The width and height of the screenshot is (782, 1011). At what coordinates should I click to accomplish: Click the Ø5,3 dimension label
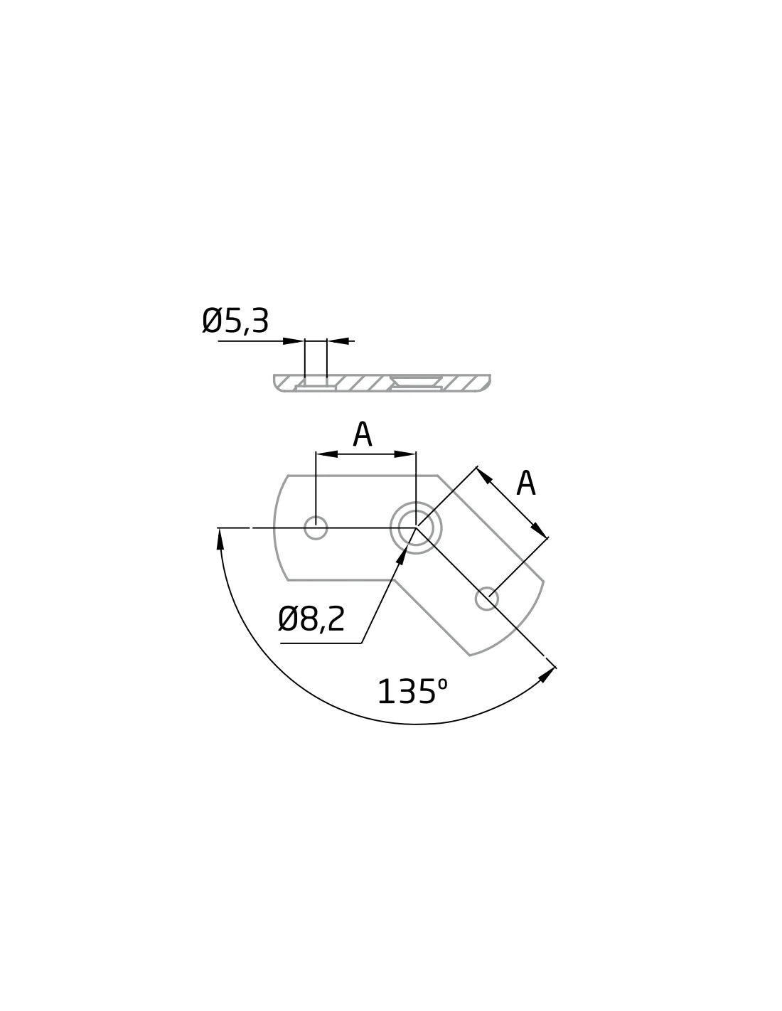pos(235,321)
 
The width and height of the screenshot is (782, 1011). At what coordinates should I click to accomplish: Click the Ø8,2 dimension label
pos(311,619)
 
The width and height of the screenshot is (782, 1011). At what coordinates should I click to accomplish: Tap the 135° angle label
pos(412,691)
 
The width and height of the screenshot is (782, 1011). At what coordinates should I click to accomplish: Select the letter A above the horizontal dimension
pos(363,434)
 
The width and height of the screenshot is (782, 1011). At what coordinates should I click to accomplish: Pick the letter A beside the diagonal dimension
pos(526,483)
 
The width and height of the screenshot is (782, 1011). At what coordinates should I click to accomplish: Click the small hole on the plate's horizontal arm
pos(316,528)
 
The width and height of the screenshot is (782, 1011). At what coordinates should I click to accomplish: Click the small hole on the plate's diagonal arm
pos(486,599)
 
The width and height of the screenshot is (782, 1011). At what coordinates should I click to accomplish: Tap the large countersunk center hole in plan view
pos(416,528)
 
